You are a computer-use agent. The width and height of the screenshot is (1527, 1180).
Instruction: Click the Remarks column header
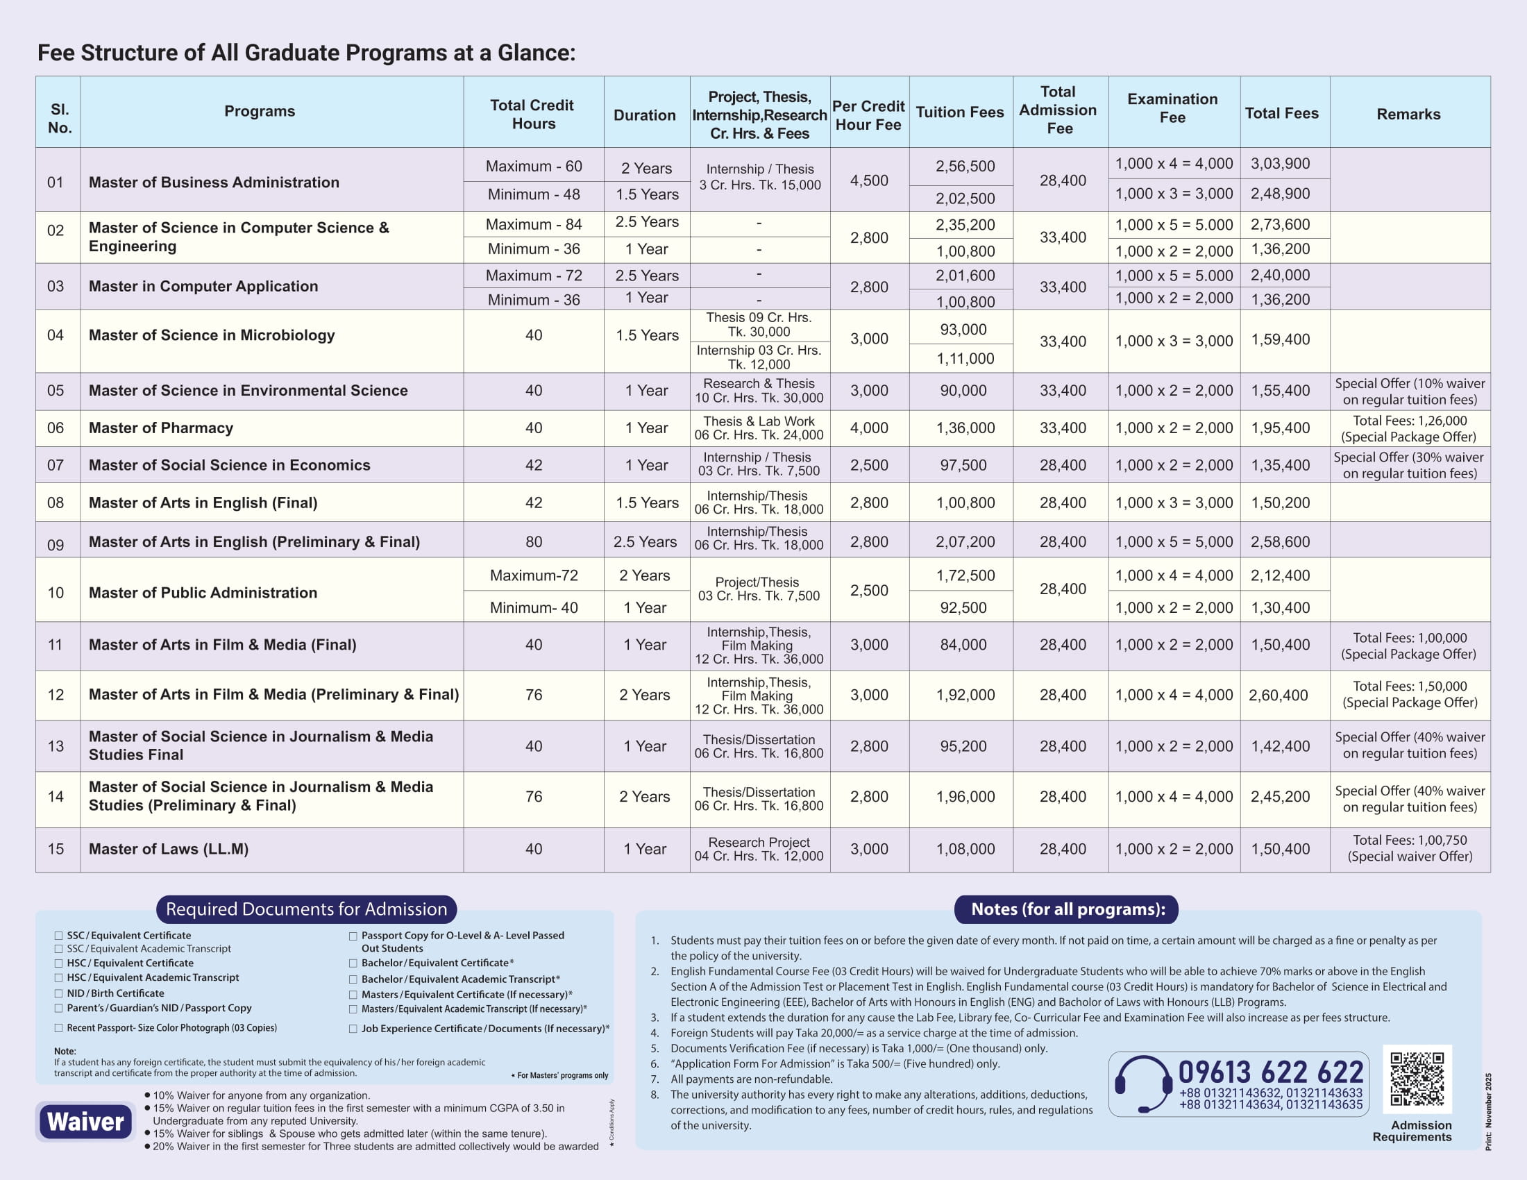coord(1408,114)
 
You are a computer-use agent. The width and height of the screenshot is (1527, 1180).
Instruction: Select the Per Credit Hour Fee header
coord(868,115)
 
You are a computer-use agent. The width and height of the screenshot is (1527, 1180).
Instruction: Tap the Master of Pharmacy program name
coord(161,428)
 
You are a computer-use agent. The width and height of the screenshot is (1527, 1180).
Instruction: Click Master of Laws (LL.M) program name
coord(169,849)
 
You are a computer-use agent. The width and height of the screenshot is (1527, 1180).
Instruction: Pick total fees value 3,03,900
coord(1280,164)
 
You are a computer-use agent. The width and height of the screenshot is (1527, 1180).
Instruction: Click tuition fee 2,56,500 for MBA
coord(965,167)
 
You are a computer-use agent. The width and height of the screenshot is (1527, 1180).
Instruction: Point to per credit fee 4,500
coord(869,180)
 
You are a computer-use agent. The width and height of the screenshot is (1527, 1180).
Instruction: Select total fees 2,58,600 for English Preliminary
coord(1280,542)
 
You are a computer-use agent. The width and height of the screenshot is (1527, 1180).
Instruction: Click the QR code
coord(1417,1079)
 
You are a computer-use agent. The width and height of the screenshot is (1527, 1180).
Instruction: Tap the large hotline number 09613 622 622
coord(1270,1072)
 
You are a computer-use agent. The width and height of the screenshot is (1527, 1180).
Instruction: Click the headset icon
coord(1143,1084)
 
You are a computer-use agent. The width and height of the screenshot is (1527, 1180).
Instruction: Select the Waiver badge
coord(85,1121)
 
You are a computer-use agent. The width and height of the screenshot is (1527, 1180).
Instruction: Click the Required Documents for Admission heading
coord(306,909)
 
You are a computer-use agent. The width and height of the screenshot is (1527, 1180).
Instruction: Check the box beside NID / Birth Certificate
coord(59,993)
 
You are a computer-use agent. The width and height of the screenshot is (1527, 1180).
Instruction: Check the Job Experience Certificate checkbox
coord(353,1029)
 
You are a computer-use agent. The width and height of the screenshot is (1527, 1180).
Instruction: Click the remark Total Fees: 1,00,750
coord(1410,841)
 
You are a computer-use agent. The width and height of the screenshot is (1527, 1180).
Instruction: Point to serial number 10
coord(56,593)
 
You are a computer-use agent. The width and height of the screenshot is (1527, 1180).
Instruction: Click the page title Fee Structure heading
coord(306,53)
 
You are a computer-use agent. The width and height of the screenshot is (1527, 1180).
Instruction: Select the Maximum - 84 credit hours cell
coord(534,224)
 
